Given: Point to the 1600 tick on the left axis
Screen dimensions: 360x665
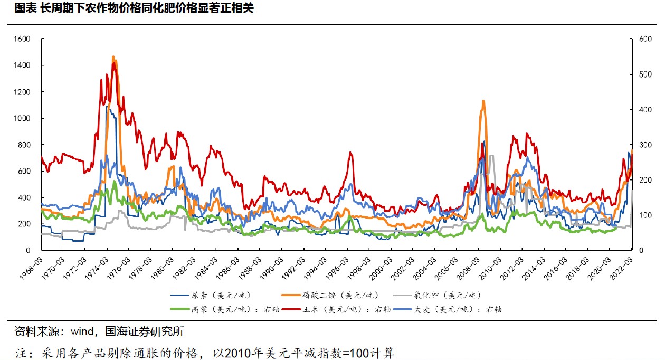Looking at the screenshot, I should click(22, 39).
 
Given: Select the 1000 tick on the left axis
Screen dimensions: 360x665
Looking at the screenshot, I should click(22, 118).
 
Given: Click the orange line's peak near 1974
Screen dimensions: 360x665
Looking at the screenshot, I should click(113, 57).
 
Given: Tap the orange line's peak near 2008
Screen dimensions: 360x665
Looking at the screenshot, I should click(483, 101).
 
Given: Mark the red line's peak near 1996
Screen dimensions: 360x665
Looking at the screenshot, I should click(350, 153).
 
